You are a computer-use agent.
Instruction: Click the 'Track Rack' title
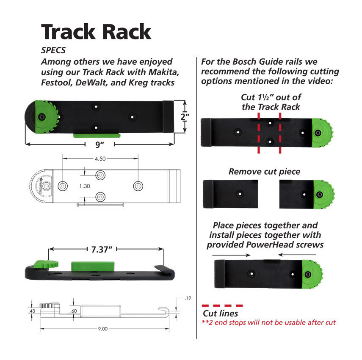96,31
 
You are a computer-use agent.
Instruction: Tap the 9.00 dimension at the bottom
103,328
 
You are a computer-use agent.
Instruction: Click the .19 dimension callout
188,298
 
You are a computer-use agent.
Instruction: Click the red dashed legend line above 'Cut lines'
223,305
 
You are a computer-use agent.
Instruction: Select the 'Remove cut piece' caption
264,172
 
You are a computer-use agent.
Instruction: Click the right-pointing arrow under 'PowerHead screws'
232,255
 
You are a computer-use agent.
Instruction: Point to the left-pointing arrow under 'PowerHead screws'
296,255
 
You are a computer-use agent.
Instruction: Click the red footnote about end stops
269,323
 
